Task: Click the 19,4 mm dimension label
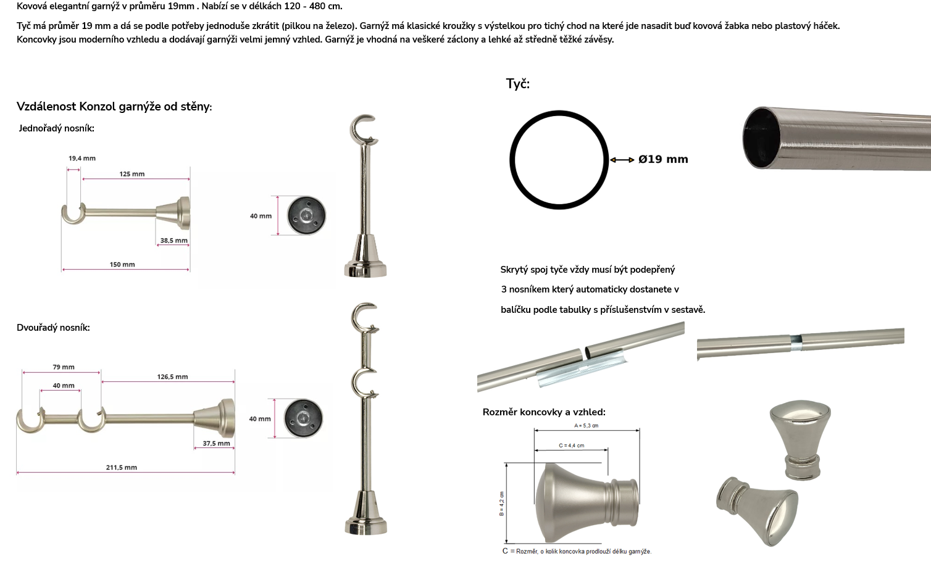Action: (82, 158)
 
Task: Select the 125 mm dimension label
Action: (132, 174)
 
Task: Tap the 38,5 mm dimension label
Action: (173, 241)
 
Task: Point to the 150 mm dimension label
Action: (122, 265)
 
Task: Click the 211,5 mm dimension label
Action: (122, 467)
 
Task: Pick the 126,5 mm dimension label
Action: (172, 376)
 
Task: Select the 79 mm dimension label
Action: (64, 367)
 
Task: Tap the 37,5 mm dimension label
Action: (216, 444)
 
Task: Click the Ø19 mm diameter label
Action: (663, 159)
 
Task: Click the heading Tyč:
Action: (517, 84)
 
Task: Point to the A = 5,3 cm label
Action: (586, 426)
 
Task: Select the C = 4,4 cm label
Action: (572, 446)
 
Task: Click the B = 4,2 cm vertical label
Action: (502, 504)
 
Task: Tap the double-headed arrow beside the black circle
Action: (622, 160)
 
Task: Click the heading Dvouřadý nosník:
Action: (53, 328)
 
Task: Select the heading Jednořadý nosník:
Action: (57, 128)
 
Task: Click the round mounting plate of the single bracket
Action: (306, 215)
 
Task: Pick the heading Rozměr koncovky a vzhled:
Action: (544, 412)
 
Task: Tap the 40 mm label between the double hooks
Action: (64, 386)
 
